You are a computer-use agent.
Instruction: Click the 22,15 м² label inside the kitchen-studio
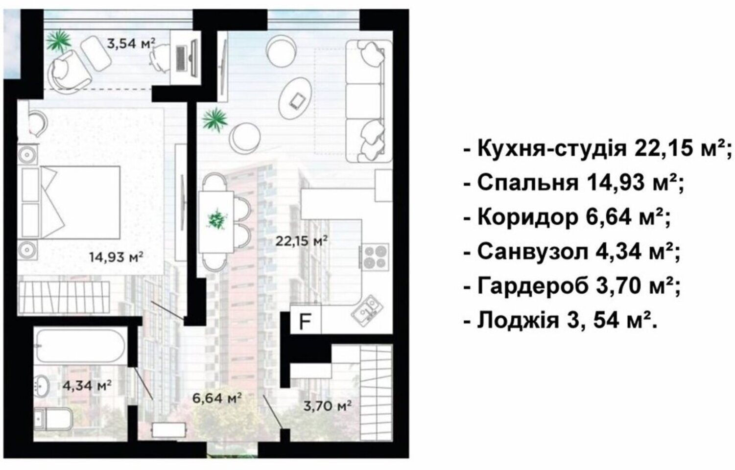pyautogui.click(x=301, y=241)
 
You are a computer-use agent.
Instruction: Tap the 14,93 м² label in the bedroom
pyautogui.click(x=116, y=257)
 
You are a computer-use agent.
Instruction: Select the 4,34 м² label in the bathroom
pyautogui.click(x=87, y=385)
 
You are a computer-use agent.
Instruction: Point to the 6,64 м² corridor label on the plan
pyautogui.click(x=217, y=398)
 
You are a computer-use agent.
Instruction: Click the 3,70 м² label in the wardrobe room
pyautogui.click(x=328, y=406)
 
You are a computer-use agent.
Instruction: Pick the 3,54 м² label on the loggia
pyautogui.click(x=131, y=43)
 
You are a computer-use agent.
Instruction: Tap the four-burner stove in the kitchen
pyautogui.click(x=376, y=257)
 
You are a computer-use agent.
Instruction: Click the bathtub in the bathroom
pyautogui.click(x=81, y=346)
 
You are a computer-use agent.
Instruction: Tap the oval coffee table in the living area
pyautogui.click(x=295, y=99)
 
